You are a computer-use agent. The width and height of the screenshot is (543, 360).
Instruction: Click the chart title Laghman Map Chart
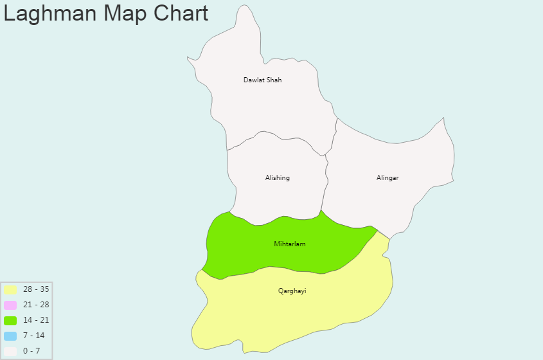pyautogui.click(x=106, y=13)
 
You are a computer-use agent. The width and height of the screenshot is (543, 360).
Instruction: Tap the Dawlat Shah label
pyautogui.click(x=262, y=80)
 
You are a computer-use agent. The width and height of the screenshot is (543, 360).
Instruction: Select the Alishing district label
pyautogui.click(x=277, y=178)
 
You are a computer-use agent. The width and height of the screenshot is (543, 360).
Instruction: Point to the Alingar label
pyautogui.click(x=387, y=178)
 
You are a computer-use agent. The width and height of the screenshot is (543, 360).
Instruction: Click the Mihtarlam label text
pyautogui.click(x=289, y=244)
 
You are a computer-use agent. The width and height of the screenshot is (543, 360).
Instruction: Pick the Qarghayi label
pyautogui.click(x=292, y=291)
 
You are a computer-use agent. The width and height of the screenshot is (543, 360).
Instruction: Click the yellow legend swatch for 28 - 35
pyautogui.click(x=10, y=289)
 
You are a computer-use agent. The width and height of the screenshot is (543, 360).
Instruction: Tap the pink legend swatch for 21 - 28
pyautogui.click(x=10, y=305)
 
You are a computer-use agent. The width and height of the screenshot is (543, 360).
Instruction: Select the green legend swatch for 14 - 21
pyautogui.click(x=10, y=320)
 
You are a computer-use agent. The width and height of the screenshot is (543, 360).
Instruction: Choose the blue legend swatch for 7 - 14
pyautogui.click(x=10, y=336)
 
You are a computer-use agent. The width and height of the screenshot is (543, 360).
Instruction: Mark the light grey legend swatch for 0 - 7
pyautogui.click(x=10, y=351)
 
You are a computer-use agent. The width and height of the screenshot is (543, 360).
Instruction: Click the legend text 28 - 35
pyautogui.click(x=36, y=289)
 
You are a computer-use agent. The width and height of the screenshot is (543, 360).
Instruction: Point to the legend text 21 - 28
pyautogui.click(x=36, y=305)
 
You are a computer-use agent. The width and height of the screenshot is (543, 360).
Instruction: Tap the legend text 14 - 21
pyautogui.click(x=36, y=320)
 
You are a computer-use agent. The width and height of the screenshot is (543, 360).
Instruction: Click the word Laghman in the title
pyautogui.click(x=46, y=14)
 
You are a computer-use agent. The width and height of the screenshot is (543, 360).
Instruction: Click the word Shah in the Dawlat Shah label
pyautogui.click(x=274, y=80)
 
